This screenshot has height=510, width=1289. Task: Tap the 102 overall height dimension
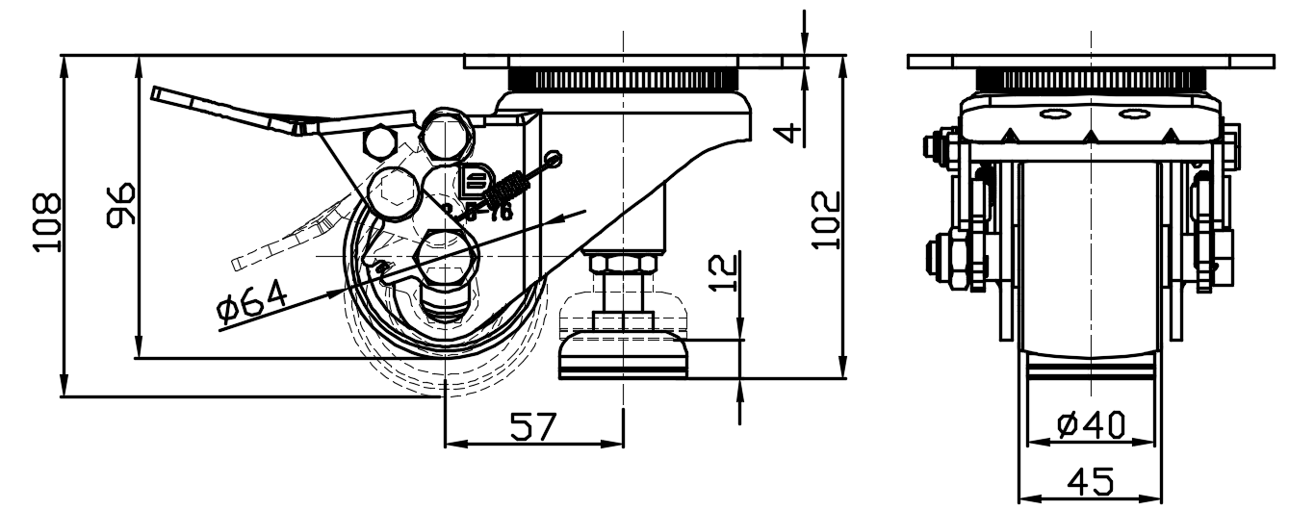[825, 220]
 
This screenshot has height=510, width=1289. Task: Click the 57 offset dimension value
[532, 426]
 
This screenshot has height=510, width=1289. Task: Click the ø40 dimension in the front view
[1090, 424]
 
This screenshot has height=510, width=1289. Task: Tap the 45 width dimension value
[1090, 480]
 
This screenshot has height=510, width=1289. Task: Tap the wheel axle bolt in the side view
[445, 258]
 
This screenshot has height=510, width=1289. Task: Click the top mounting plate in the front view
[1090, 62]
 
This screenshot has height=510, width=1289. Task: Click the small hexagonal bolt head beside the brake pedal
[379, 142]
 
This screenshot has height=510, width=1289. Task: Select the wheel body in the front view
[1090, 260]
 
